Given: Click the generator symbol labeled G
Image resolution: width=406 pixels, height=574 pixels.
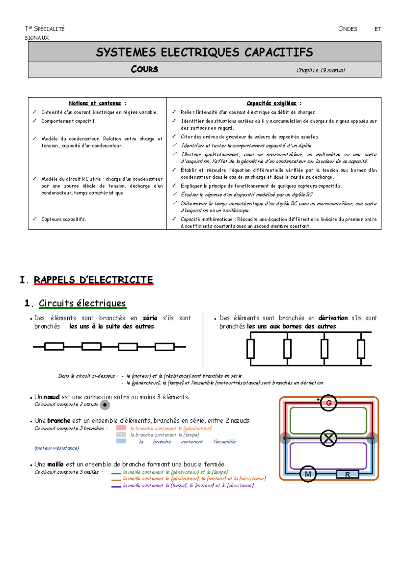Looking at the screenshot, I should pyautogui.click(x=328, y=403).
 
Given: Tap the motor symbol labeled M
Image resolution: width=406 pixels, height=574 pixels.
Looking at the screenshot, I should pyautogui.click(x=308, y=474).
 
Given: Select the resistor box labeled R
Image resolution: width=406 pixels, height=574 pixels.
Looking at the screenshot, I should pyautogui.click(x=347, y=474).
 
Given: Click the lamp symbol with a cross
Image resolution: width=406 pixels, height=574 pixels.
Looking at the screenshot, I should pyautogui.click(x=328, y=438).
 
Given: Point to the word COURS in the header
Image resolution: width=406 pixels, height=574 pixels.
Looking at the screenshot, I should pyautogui.click(x=144, y=69).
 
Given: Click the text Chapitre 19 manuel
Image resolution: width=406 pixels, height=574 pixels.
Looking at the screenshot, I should pyautogui.click(x=320, y=70).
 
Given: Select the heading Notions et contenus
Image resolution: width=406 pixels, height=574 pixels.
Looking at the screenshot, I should pyautogui.click(x=95, y=103).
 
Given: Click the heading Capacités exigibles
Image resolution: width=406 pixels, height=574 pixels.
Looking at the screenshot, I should pyautogui.click(x=271, y=103).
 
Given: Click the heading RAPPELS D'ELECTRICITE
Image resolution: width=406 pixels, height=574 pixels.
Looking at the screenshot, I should pyautogui.click(x=93, y=280).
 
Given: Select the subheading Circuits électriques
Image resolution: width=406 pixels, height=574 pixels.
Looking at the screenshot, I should pyautogui.click(x=82, y=303).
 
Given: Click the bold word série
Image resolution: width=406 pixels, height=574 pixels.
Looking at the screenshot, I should pyautogui.click(x=150, y=318).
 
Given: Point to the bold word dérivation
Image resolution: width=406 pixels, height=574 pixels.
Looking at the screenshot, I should pyautogui.click(x=333, y=318).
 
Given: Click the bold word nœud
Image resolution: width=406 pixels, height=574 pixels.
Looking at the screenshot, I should pyautogui.click(x=51, y=397).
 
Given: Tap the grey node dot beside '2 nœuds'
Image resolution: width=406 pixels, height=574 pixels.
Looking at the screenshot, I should pyautogui.click(x=105, y=405).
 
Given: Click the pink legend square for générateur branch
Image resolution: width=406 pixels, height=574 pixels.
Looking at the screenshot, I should pyautogui.click(x=121, y=428).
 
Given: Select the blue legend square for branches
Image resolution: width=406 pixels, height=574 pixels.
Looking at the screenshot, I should pyautogui.click(x=121, y=441).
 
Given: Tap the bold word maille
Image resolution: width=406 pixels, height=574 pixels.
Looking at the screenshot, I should pyautogui.click(x=55, y=464).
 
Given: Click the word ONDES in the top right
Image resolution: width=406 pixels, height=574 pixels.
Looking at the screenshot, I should pyautogui.click(x=347, y=29).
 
